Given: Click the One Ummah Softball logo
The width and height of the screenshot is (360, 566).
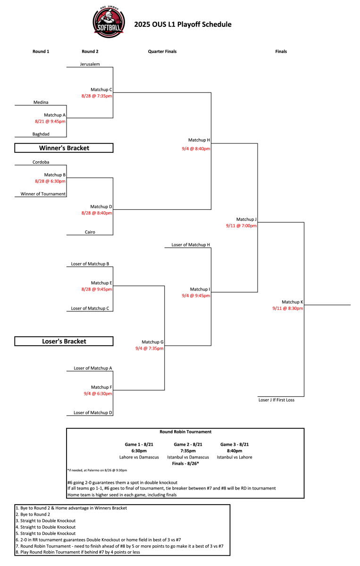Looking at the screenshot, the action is (109, 22).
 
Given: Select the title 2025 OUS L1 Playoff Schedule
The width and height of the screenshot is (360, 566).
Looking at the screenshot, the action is (183, 24).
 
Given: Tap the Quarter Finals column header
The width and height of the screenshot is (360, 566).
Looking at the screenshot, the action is (162, 51).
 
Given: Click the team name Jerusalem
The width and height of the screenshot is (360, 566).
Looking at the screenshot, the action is (90, 64).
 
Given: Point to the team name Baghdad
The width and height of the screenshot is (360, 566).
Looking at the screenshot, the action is (41, 134).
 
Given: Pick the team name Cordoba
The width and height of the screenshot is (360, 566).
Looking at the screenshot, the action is (41, 162).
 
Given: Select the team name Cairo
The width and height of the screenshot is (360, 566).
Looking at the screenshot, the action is (90, 232).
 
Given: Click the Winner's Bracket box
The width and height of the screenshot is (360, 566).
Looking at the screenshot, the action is (64, 148).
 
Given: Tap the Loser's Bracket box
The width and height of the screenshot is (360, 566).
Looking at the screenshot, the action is (64, 341).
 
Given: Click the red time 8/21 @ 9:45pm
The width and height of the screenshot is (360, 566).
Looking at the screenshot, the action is (50, 122).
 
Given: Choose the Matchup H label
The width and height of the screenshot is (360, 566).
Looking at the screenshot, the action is (199, 140).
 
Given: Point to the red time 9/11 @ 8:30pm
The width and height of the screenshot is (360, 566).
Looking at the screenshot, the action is (287, 308).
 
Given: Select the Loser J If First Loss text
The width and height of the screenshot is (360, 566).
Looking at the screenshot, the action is (276, 400).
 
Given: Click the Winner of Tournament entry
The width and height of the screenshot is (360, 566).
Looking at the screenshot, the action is (43, 194).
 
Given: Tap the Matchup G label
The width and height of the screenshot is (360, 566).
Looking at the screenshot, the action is (152, 342).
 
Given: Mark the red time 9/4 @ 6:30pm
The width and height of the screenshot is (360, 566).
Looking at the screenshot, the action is (98, 393).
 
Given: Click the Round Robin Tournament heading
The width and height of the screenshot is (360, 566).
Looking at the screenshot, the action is (185, 432).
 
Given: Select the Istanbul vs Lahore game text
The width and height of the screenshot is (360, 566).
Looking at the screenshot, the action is (234, 457).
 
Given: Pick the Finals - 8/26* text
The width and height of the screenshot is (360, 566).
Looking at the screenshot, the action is (185, 463).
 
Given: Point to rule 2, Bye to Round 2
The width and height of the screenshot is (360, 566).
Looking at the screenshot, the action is (33, 514).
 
